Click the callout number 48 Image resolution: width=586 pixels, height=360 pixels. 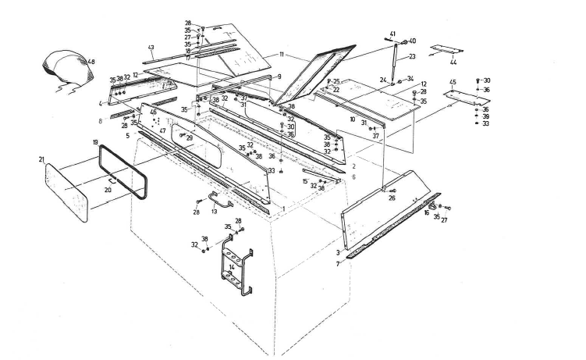(x=91, y=62)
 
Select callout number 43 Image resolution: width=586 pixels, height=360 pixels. (x=151, y=47)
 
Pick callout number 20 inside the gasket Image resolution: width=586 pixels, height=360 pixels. (x=108, y=190)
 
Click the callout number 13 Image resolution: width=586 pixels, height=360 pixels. (x=215, y=212)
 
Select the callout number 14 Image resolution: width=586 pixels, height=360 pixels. (x=231, y=268)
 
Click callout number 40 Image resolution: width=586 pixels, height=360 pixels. (x=413, y=41)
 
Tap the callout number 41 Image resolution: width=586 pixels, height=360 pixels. (x=392, y=34)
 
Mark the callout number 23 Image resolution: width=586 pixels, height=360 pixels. (x=411, y=56)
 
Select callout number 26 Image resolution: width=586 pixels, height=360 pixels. (x=392, y=198)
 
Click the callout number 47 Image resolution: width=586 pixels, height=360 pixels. (x=163, y=130)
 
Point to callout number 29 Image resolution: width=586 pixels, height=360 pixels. (x=189, y=137)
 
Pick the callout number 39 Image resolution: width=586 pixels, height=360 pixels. (x=485, y=116)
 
